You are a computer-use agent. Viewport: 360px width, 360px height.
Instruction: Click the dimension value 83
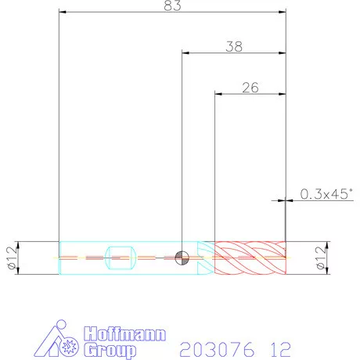172,5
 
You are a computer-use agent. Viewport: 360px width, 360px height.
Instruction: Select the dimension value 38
234,47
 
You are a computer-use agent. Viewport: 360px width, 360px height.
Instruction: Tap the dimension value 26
250,88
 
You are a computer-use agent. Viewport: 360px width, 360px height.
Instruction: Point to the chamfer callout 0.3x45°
326,194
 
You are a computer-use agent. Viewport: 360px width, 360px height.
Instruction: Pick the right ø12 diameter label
321,257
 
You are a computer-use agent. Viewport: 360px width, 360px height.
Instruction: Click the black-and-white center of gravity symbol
182,257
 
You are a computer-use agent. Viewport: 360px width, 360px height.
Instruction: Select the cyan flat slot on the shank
120,257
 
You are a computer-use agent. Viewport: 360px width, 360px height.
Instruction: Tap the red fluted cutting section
250,257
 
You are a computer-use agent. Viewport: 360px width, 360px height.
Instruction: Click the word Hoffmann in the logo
125,333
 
